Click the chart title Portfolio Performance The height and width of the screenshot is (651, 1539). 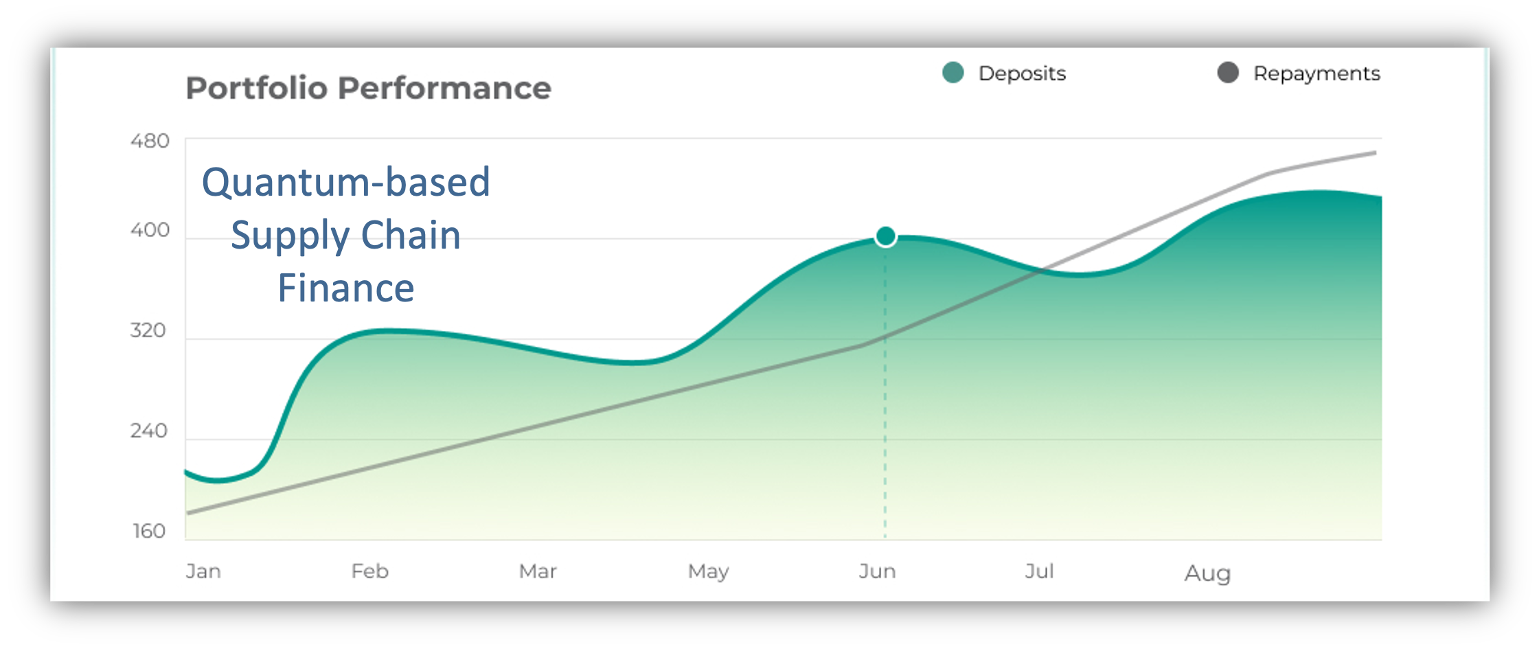point(368,89)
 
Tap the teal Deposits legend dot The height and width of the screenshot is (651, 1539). point(953,73)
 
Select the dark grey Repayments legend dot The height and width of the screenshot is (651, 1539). point(1228,73)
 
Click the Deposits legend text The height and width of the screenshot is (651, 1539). point(1022,73)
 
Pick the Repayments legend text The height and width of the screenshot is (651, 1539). point(1316,73)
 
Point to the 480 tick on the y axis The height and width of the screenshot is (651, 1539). point(150,141)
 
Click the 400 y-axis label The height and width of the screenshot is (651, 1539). point(150,230)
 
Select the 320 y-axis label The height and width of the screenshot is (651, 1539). point(148,330)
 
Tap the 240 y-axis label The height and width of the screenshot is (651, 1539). point(149,431)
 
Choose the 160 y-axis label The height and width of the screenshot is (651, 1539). point(149,531)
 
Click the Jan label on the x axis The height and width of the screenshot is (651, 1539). point(203,571)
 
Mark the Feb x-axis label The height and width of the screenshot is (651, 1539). point(370,571)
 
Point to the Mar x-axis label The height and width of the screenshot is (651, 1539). point(538,571)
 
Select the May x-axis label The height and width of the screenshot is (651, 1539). point(709,572)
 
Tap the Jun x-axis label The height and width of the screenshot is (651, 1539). point(878,571)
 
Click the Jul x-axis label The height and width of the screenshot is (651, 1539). point(1040,571)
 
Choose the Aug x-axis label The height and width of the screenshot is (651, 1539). point(1208,573)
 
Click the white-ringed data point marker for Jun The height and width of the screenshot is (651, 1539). point(886,237)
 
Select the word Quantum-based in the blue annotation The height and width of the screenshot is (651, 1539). point(346,183)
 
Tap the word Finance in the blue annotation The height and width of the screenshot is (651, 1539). point(346,288)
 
